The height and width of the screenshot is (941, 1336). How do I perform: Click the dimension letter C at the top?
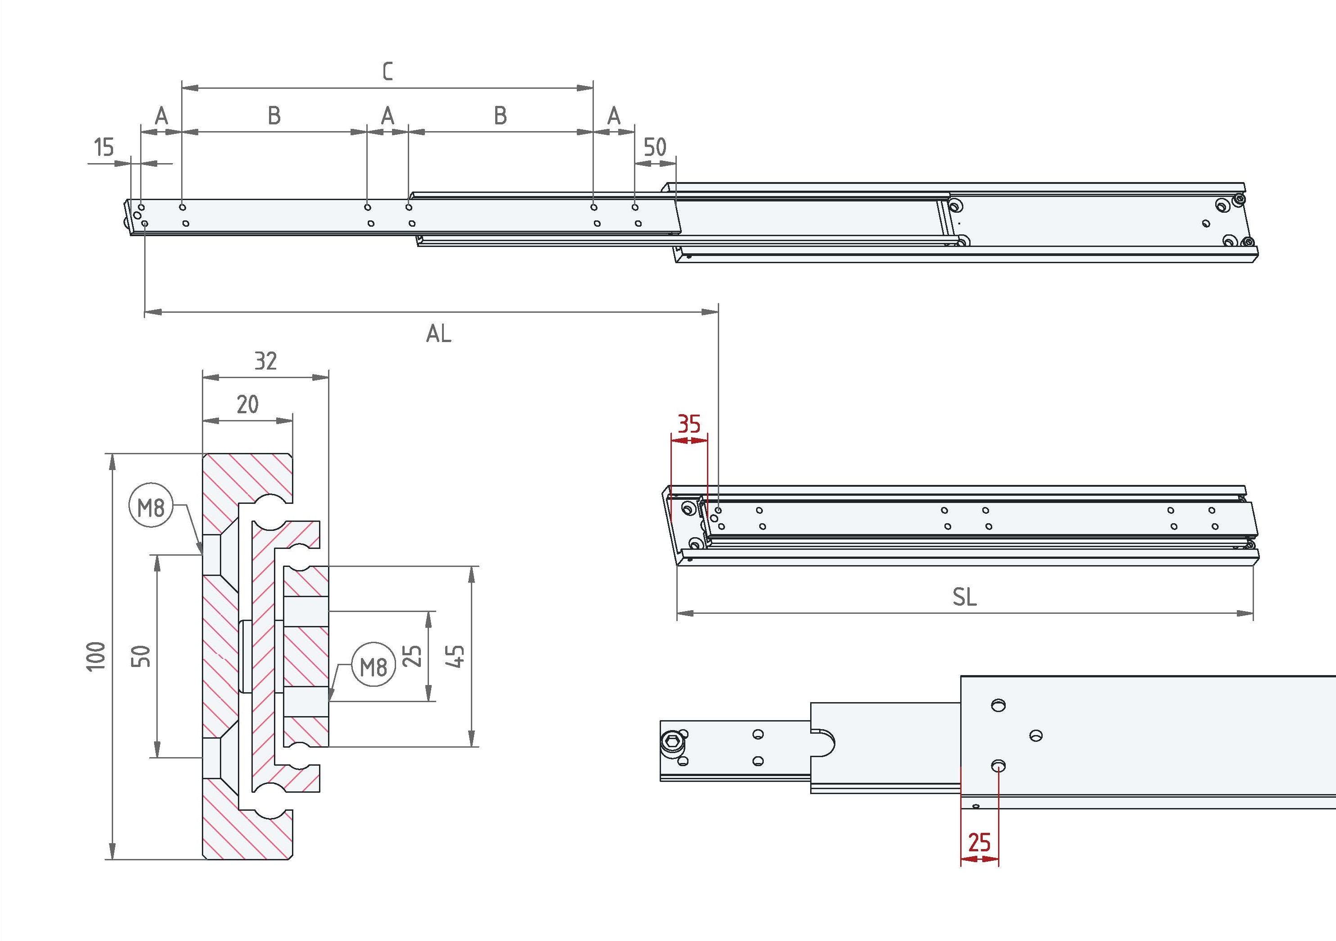pos(388,71)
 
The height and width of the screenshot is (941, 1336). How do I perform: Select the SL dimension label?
pos(964,597)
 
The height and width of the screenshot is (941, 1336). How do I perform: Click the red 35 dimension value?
pos(689,424)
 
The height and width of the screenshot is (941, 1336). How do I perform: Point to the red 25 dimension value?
pos(979,842)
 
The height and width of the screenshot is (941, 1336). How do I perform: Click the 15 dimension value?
pos(104,147)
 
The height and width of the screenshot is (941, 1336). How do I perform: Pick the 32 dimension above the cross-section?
pos(265,361)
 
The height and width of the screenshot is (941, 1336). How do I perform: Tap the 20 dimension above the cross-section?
pos(247,404)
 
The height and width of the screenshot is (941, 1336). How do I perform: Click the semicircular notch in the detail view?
pos(825,742)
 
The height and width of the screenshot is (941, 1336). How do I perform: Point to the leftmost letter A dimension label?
pos(162,116)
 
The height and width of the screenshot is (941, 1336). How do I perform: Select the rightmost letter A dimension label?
pos(614,116)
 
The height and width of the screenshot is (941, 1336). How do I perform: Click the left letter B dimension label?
pos(274,116)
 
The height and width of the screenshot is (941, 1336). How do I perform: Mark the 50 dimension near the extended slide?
pos(655,147)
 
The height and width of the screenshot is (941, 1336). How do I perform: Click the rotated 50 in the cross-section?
pos(141,657)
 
